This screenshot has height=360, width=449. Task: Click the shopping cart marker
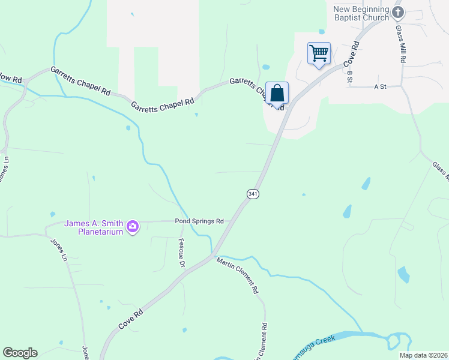pyautogui.click(x=319, y=53)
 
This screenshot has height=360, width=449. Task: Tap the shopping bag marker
pyautogui.click(x=277, y=94)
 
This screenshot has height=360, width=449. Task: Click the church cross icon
pyautogui.click(x=397, y=12)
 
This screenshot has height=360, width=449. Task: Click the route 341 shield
pyautogui.click(x=253, y=194)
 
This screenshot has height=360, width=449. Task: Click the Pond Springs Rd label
pyautogui.click(x=199, y=221)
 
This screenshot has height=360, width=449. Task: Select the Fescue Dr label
pyautogui.click(x=181, y=253)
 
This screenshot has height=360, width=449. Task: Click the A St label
pyautogui.click(x=380, y=86)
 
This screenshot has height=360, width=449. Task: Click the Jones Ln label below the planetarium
pyautogui.click(x=58, y=253)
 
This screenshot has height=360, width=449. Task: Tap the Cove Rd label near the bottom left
pyautogui.click(x=131, y=319)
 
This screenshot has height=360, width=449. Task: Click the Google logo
pyautogui.click(x=20, y=353)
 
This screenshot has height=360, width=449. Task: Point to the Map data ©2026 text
pyautogui.click(x=423, y=355)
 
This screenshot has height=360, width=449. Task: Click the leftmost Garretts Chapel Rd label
pyautogui.click(x=80, y=81)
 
